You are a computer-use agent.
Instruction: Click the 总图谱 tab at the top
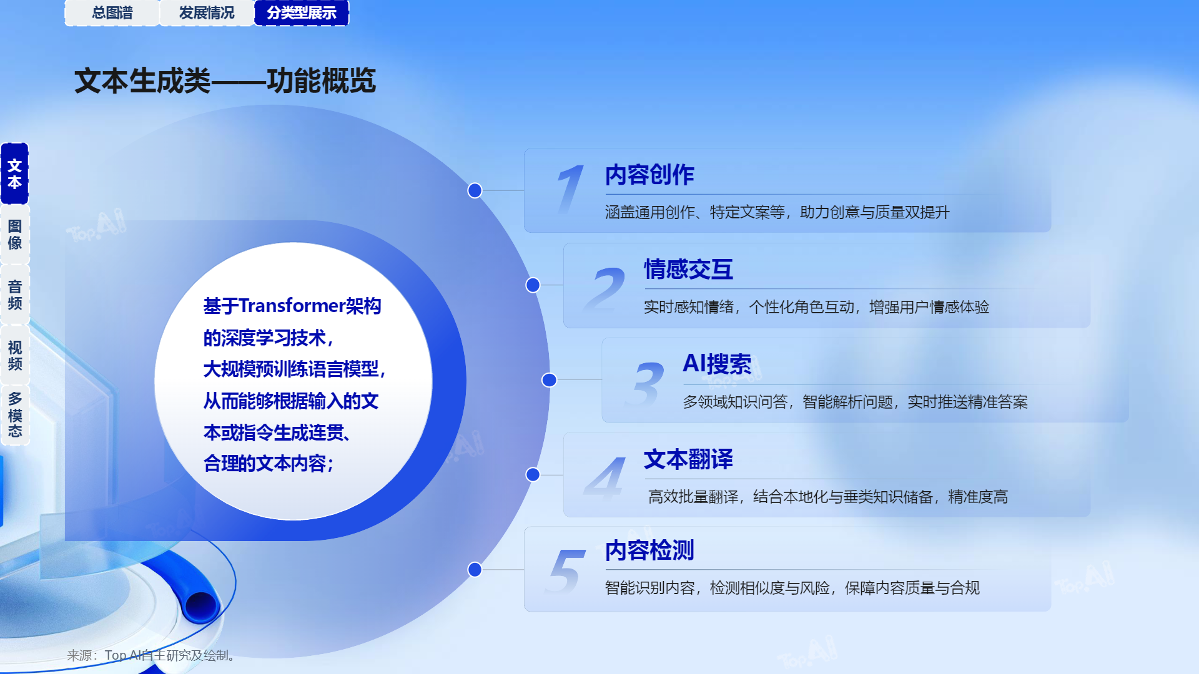(112, 12)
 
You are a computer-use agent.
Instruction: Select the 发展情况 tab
(207, 12)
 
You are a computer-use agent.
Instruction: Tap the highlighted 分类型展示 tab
(302, 12)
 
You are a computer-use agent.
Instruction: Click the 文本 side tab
(15, 173)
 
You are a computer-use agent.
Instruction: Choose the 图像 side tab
(15, 234)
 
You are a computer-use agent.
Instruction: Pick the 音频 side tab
(15, 295)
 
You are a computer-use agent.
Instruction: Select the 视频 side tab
(15, 355)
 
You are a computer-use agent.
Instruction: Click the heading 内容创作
(649, 175)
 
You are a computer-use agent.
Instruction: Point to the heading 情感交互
(689, 270)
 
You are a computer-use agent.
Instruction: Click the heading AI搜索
(717, 364)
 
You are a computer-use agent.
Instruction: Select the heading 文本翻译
(689, 459)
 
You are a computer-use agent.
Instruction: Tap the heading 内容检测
(649, 550)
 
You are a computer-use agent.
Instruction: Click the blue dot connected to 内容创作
(475, 190)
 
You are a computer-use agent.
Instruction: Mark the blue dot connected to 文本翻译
(533, 474)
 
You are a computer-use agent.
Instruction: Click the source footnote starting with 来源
(151, 655)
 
